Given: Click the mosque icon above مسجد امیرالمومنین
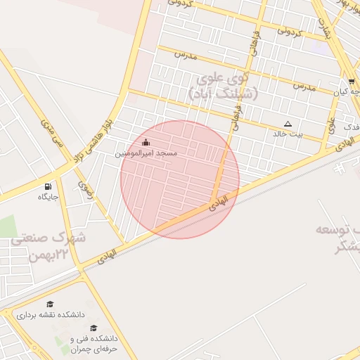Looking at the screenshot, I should [146, 143].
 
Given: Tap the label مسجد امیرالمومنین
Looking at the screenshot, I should [146, 153].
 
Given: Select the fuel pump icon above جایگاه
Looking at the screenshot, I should [48, 187].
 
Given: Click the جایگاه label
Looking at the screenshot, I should [49, 197].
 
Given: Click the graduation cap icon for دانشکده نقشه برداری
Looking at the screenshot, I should [50, 304].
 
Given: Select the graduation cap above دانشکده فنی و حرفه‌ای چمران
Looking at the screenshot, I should [94, 327].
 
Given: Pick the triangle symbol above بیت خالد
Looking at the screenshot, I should [288, 123].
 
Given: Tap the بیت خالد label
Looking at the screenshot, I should [288, 133].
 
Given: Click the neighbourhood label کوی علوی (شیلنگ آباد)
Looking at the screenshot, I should [223, 85].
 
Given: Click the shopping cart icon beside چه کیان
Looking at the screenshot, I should [351, 82].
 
